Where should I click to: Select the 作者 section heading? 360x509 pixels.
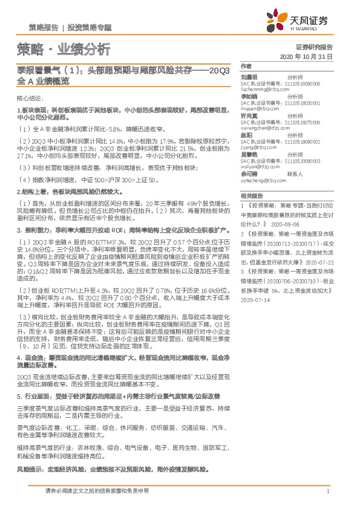(245, 66)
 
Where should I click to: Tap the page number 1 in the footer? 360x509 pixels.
(327, 491)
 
